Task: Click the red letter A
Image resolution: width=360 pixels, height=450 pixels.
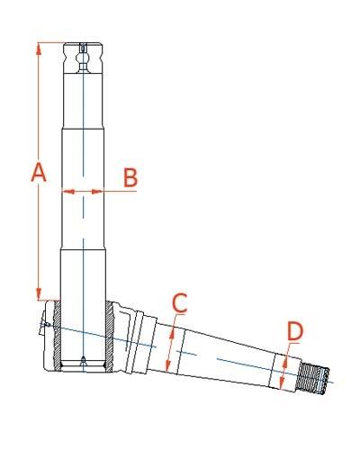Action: pos(39,172)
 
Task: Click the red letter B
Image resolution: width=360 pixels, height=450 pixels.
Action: pos(130,177)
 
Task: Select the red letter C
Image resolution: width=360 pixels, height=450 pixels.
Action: pos(180,303)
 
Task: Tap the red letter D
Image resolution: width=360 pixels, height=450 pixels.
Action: pos(295,331)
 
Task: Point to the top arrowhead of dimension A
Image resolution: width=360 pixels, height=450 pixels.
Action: pos(39,49)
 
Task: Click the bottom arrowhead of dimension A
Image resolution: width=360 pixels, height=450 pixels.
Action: pos(39,293)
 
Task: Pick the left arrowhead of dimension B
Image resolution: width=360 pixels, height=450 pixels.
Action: pos(68,191)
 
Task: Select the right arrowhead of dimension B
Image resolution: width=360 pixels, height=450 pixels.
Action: pos(97,191)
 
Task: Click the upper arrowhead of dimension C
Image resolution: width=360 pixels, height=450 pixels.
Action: pos(172,333)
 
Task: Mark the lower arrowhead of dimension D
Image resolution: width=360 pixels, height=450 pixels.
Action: pos(282,383)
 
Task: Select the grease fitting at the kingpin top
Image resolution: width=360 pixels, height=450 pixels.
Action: pos(83,58)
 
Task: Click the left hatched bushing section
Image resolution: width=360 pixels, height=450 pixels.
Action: pos(57,336)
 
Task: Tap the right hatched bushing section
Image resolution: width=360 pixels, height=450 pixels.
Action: pos(109,336)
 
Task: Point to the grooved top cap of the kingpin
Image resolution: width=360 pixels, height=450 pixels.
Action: pos(84,58)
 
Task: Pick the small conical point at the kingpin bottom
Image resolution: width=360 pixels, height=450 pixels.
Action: pos(83,361)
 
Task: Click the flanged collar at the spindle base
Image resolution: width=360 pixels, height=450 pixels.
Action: pos(138,343)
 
